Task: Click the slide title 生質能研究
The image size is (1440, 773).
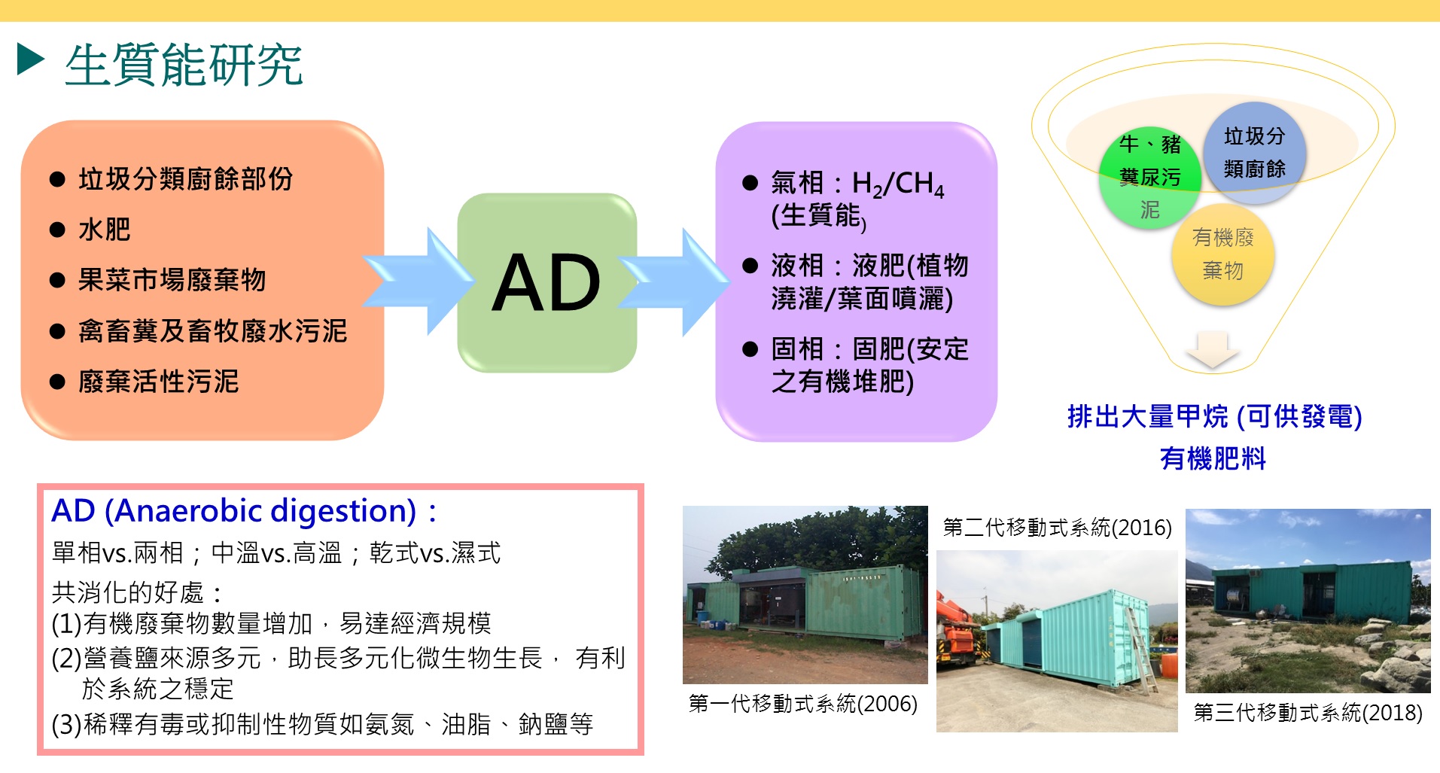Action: click(x=184, y=65)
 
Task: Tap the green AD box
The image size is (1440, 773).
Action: click(x=546, y=283)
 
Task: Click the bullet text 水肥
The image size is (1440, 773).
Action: click(x=104, y=230)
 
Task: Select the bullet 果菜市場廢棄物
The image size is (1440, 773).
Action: click(x=172, y=280)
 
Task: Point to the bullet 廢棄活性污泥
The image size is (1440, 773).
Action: click(x=158, y=382)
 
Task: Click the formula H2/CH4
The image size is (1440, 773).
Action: click(x=897, y=184)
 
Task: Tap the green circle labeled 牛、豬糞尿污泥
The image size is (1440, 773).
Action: click(x=1149, y=178)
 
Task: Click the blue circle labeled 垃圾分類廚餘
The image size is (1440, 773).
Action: click(x=1254, y=152)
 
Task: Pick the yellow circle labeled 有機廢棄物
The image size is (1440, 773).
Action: click(x=1222, y=254)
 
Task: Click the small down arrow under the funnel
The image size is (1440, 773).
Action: click(x=1211, y=350)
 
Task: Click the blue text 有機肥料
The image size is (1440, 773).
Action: click(x=1213, y=458)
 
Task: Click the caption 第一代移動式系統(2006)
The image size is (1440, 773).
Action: click(x=802, y=704)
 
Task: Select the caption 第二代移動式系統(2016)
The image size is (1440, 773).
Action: click(x=1057, y=528)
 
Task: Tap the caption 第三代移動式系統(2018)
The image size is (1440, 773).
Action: click(x=1308, y=712)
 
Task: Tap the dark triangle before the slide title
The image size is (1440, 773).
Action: click(x=31, y=59)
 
